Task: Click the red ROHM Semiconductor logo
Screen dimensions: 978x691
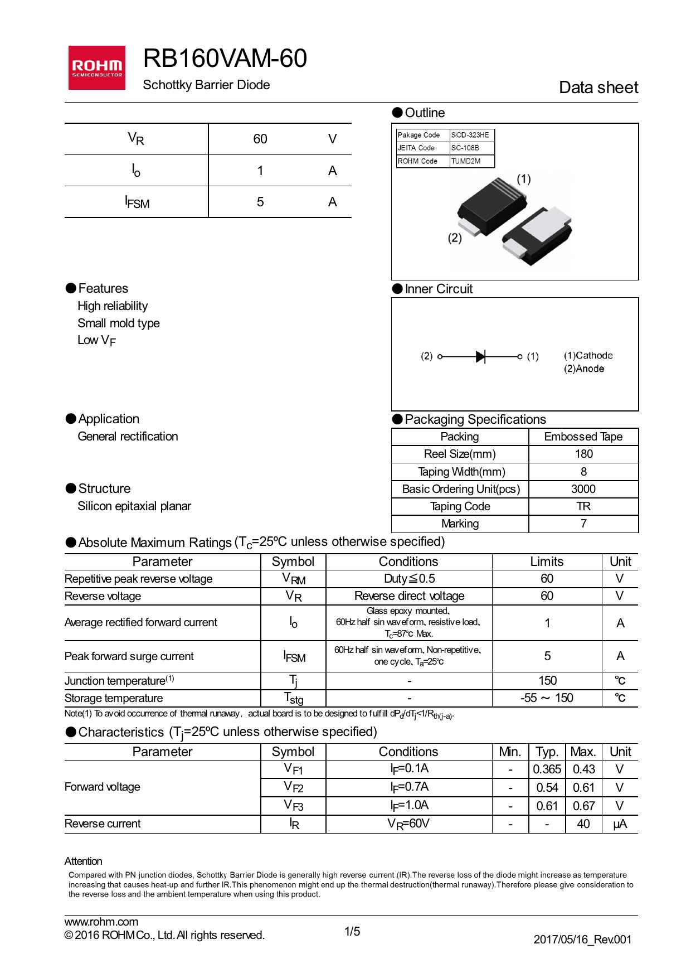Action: click(96, 67)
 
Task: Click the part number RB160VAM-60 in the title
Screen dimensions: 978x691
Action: click(225, 59)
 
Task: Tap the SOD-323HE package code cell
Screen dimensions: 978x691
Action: click(470, 135)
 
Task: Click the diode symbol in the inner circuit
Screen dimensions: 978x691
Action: click(481, 356)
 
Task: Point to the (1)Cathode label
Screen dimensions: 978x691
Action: click(588, 356)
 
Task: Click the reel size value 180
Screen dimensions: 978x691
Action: click(583, 454)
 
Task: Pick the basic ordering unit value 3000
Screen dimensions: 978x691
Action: click(583, 489)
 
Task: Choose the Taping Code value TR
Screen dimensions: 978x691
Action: click(583, 506)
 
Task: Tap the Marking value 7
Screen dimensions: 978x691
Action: click(583, 524)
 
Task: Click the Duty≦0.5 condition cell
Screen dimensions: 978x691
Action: click(409, 579)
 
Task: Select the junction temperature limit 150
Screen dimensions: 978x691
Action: click(547, 681)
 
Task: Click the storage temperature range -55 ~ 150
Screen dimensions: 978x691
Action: click(547, 698)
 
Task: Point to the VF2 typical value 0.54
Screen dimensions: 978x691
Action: click(547, 788)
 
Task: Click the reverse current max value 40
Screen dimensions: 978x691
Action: click(583, 824)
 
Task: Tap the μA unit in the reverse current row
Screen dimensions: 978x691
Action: click(620, 824)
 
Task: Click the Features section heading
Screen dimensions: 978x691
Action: click(103, 288)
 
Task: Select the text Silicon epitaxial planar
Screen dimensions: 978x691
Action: click(134, 506)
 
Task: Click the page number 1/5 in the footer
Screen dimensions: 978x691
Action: click(352, 932)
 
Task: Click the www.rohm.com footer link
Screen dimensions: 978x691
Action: click(101, 922)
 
